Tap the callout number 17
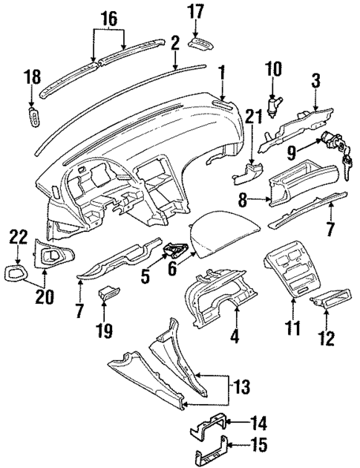[x=194, y=12]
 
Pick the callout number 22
[x=19, y=237]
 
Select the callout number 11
[x=295, y=326]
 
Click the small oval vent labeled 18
[x=34, y=117]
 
